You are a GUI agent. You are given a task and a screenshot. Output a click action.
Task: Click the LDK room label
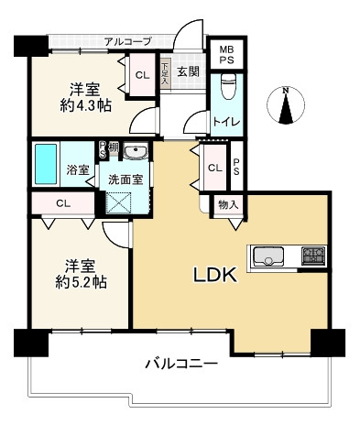(x=215, y=274)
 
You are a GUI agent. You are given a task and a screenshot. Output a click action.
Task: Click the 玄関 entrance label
(x=189, y=72)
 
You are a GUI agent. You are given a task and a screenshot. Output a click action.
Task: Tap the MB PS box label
(x=225, y=55)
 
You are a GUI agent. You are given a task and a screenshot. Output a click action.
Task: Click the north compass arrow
(x=287, y=105)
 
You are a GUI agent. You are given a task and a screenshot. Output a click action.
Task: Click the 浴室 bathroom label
(x=79, y=170)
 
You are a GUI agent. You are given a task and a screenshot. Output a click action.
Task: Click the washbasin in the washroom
(x=135, y=153)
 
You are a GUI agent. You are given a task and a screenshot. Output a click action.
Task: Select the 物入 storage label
(x=228, y=205)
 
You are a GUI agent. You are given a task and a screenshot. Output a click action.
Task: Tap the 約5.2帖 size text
(x=80, y=281)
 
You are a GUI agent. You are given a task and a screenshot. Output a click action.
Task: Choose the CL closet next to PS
(x=213, y=169)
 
